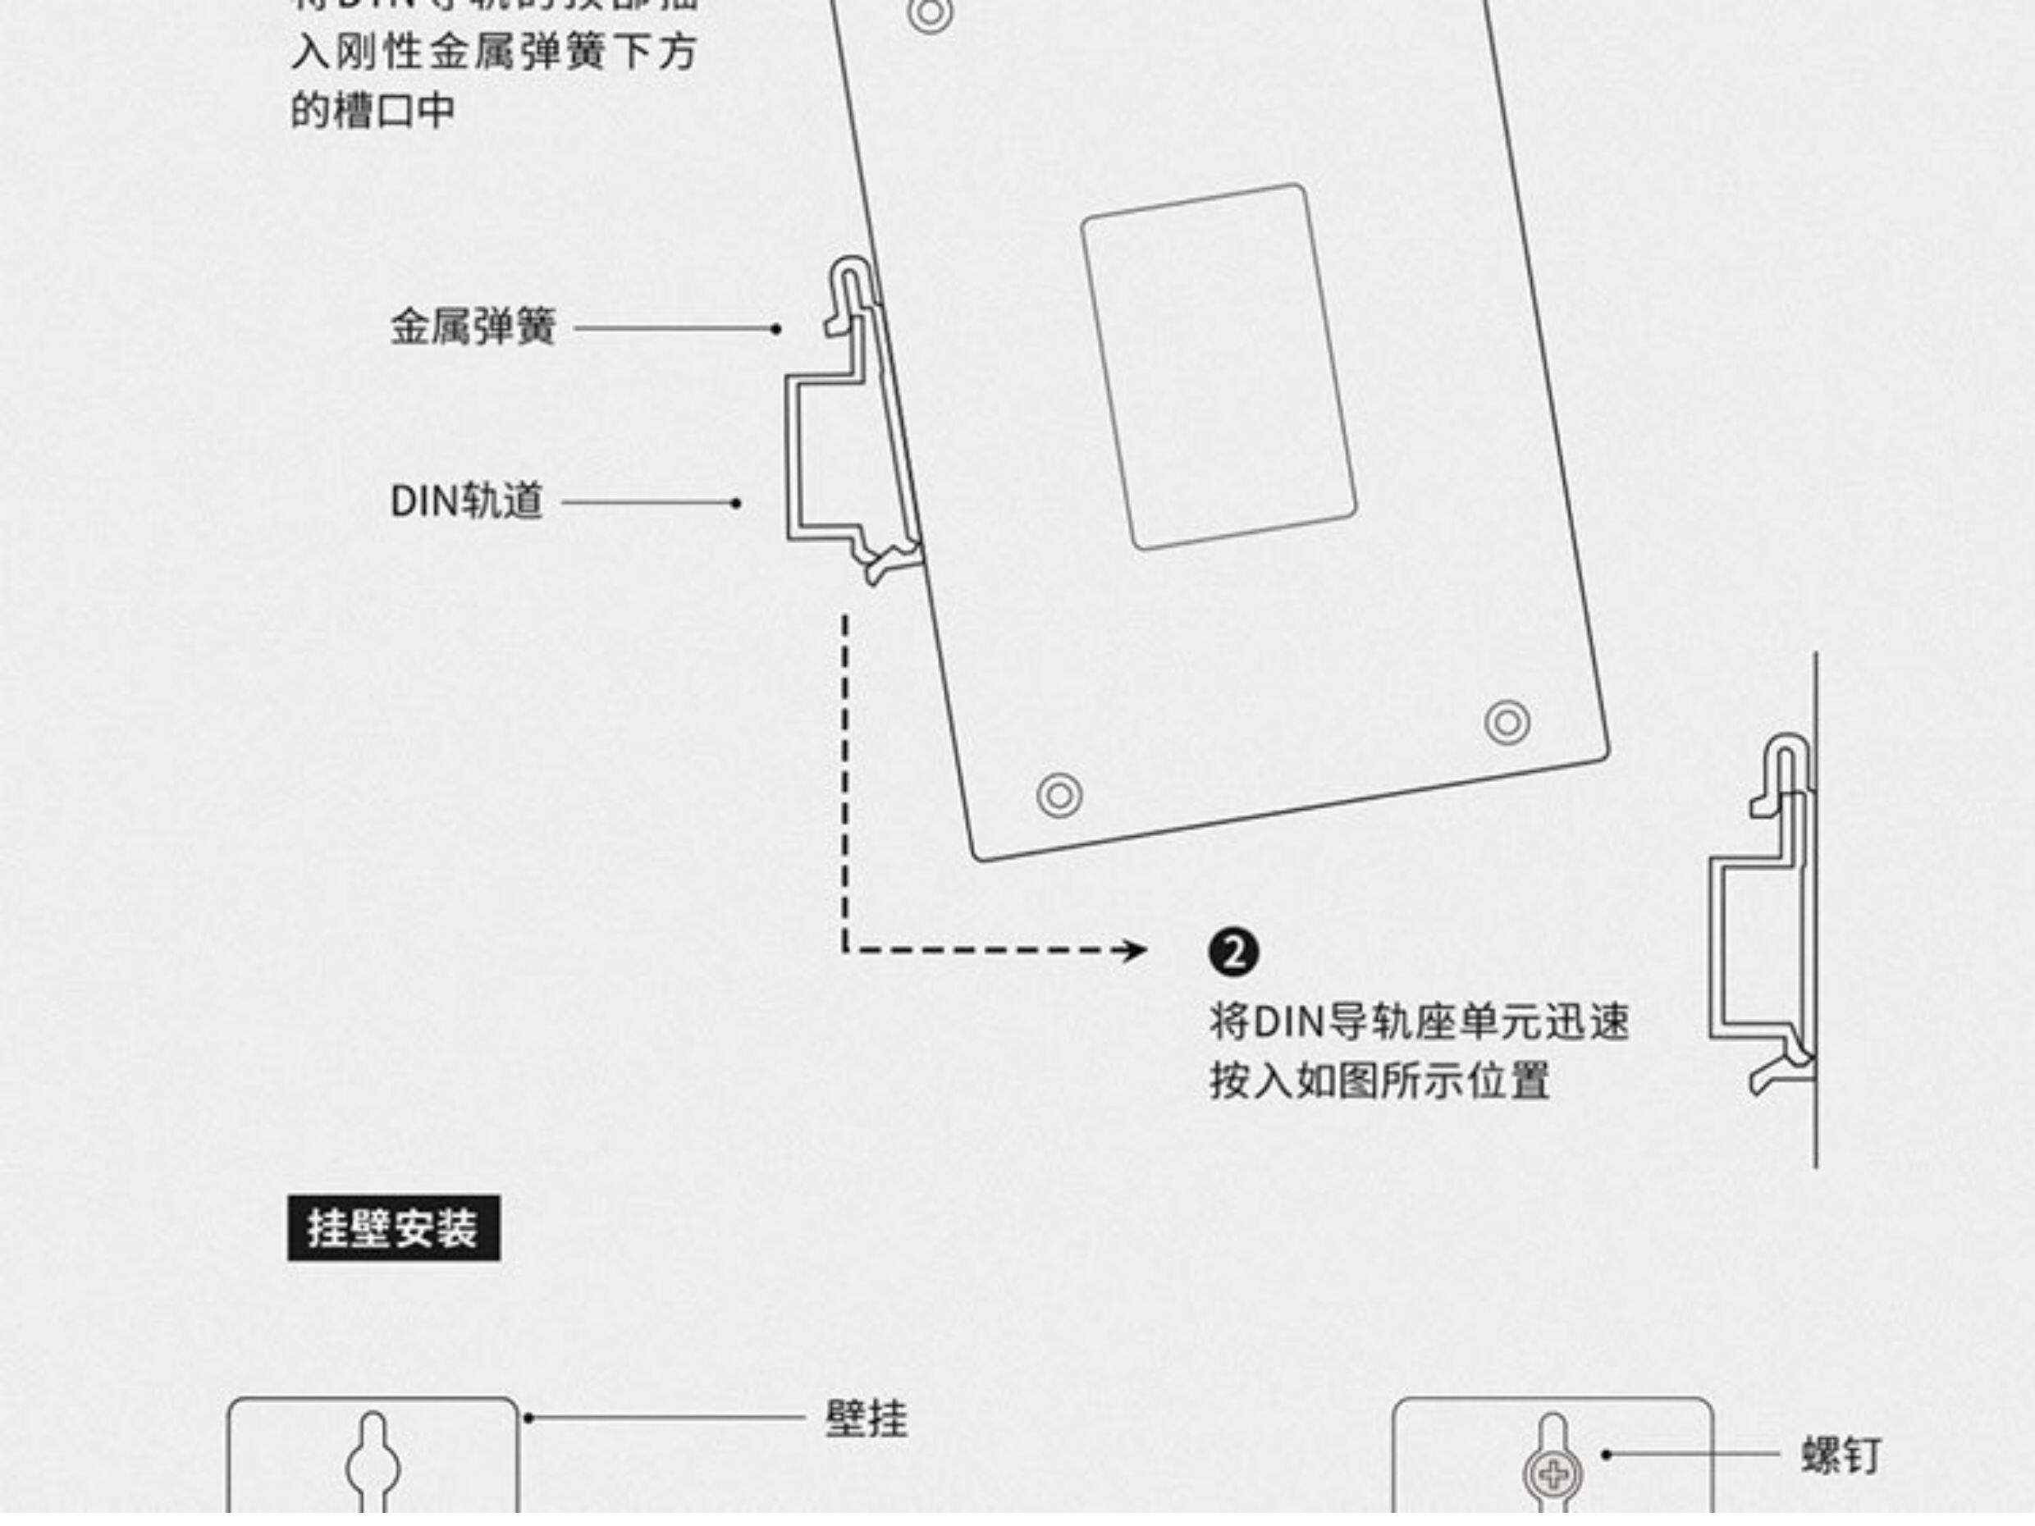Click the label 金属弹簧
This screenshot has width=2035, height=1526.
tap(473, 327)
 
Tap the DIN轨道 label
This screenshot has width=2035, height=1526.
tap(466, 501)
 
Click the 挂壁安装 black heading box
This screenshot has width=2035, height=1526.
tap(394, 1228)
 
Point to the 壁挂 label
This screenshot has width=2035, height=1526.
tap(866, 1419)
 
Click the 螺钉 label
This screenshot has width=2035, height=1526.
tap(1841, 1455)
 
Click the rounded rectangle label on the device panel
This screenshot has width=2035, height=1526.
tap(1218, 366)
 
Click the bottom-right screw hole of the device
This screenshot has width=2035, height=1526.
tap(1507, 723)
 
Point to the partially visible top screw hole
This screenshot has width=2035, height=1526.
tap(929, 12)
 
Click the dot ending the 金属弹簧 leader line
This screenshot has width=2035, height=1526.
tap(776, 328)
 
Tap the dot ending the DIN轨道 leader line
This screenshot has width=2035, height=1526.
tap(735, 503)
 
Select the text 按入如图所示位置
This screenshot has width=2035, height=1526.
tap(1379, 1081)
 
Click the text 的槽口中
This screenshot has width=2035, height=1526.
tap(373, 111)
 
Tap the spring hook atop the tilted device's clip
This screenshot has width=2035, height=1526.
tap(851, 276)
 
